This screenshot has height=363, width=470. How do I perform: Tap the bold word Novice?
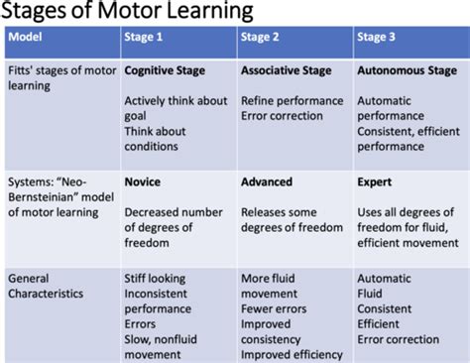coord(143,181)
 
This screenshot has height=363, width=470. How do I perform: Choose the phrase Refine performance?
coord(294,100)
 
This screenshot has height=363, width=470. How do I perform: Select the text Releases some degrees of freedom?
coord(290,218)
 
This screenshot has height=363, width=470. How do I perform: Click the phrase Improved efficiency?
coord(292,354)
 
